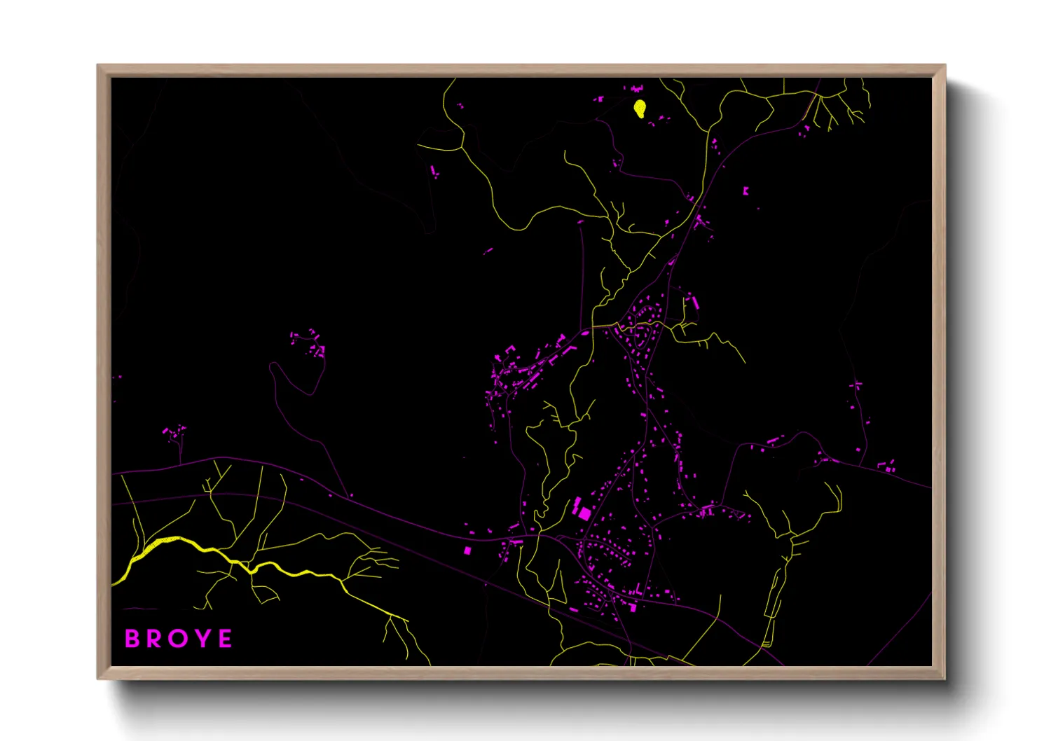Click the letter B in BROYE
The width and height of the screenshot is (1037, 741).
click(x=131, y=639)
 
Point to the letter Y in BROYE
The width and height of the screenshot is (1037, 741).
click(x=202, y=639)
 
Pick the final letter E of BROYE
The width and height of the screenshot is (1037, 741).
click(x=225, y=639)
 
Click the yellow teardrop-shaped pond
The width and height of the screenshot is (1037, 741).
click(x=640, y=109)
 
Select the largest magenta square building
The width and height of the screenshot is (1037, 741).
click(x=584, y=513)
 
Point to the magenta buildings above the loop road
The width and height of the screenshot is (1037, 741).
click(x=309, y=342)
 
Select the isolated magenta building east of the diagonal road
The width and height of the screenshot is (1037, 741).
click(x=746, y=191)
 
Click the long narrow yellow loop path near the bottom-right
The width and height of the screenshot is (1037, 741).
click(x=774, y=602)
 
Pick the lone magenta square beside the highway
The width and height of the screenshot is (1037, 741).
click(x=467, y=550)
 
